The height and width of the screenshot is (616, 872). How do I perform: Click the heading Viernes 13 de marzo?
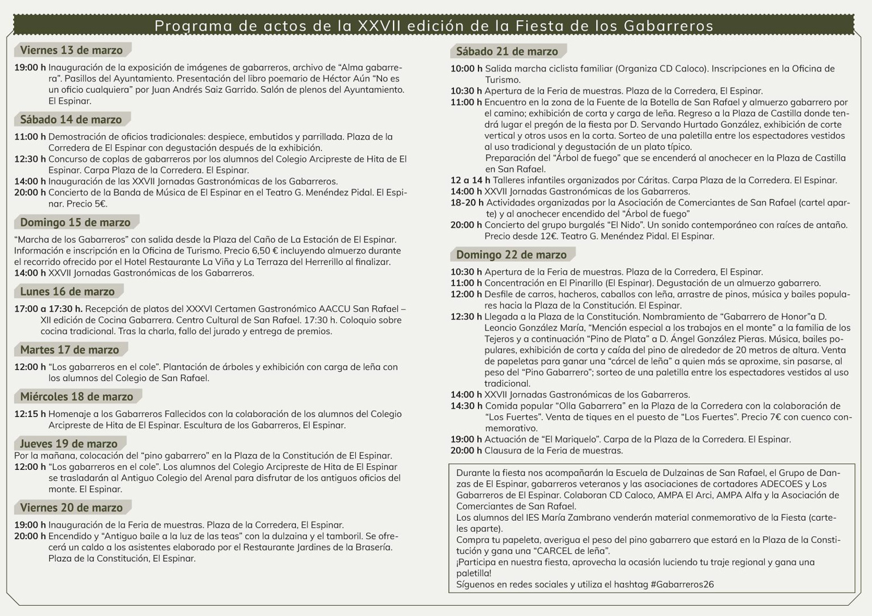[x=71, y=50]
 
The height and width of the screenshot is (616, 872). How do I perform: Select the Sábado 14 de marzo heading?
[x=71, y=120]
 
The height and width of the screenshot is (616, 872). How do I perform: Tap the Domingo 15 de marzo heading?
[x=75, y=222]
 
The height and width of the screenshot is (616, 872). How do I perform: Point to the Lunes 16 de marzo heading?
[x=67, y=292]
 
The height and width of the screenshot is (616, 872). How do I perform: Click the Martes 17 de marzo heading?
[x=70, y=350]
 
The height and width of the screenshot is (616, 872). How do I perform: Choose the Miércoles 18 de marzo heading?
[x=76, y=397]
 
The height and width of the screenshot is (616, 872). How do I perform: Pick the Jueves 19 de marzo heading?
[x=68, y=444]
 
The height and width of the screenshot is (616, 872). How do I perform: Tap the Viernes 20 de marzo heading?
[x=71, y=508]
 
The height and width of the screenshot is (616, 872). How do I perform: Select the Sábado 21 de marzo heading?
[x=507, y=52]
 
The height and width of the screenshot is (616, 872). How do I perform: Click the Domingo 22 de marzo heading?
[x=512, y=255]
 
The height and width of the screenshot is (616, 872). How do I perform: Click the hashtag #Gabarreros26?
[x=682, y=585]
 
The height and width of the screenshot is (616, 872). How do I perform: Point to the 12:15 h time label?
[x=30, y=414]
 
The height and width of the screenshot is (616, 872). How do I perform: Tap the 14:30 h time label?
[x=466, y=406]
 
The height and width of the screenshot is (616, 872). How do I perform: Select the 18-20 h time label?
[x=467, y=202]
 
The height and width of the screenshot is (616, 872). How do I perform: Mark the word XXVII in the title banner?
[x=378, y=26]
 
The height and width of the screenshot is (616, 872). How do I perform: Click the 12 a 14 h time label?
[x=470, y=180]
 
